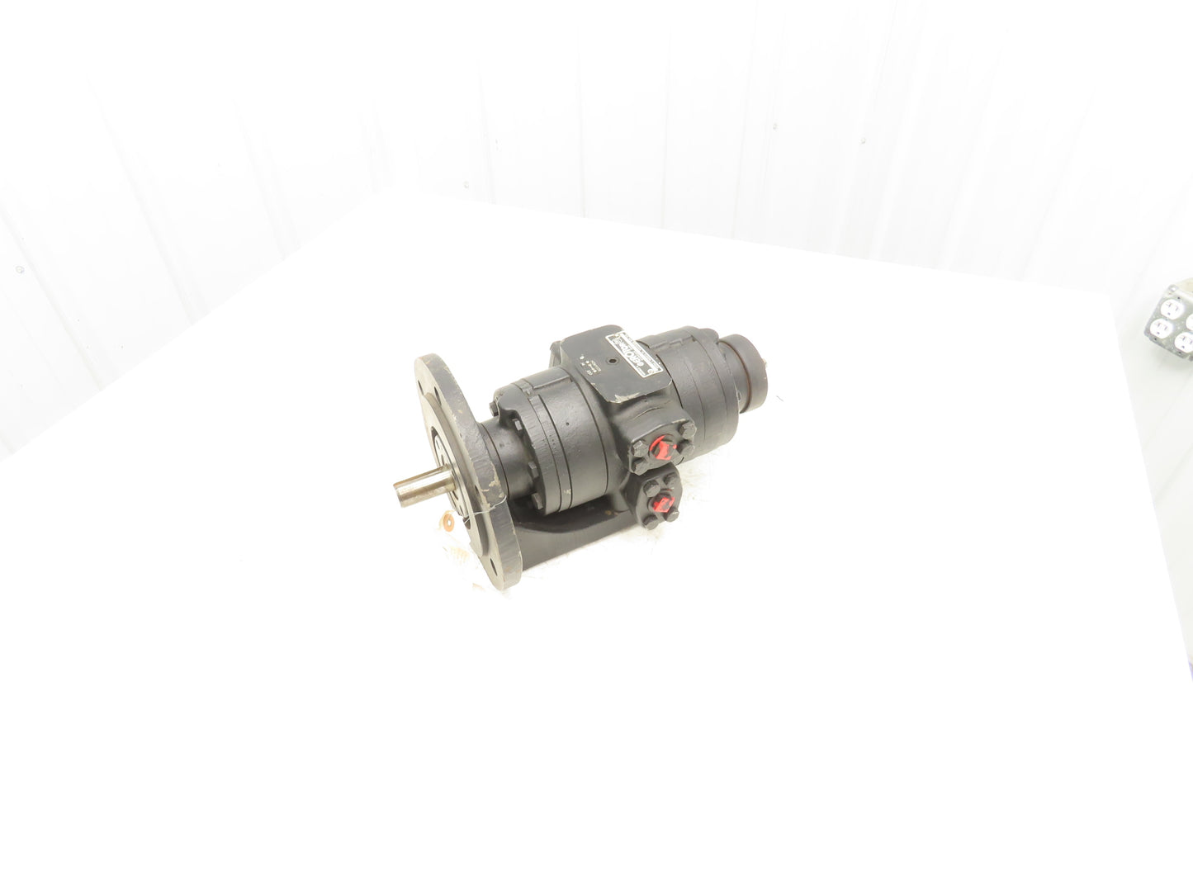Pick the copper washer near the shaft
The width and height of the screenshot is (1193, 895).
coord(447,521)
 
